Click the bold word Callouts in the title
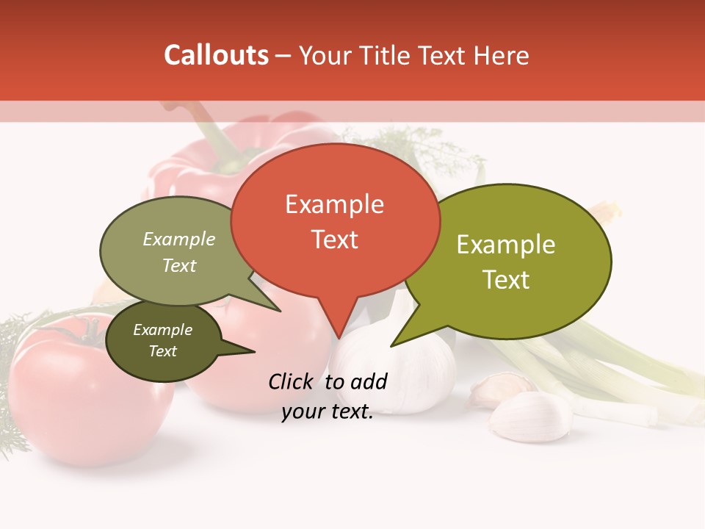click(x=216, y=55)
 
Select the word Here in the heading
click(x=502, y=56)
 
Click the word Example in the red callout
click(x=334, y=204)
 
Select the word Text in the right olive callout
click(x=506, y=280)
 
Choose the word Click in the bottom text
click(x=292, y=381)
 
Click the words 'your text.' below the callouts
click(x=328, y=412)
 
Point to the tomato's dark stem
click(x=93, y=334)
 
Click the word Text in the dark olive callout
click(x=163, y=351)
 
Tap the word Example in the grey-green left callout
click(x=179, y=240)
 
